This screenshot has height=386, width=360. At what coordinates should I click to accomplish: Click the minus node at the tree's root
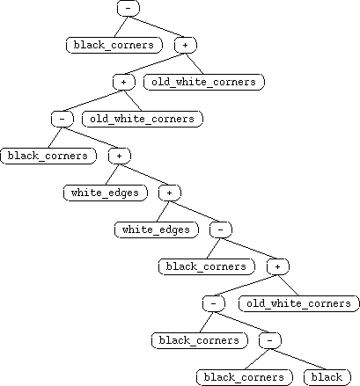[129, 8]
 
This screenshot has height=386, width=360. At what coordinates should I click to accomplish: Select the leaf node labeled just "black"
[327, 377]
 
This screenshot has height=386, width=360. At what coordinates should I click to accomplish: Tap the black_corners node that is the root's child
[114, 45]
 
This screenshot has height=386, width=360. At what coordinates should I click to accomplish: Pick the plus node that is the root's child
[186, 45]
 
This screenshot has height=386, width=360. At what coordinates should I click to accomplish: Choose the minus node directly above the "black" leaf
[270, 340]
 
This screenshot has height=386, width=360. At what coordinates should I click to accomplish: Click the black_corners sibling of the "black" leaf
[245, 377]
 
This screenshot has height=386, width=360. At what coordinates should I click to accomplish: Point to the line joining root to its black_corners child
[121, 26]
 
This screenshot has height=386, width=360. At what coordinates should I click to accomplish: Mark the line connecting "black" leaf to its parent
[298, 359]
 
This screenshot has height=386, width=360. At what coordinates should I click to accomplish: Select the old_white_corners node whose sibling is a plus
[204, 82]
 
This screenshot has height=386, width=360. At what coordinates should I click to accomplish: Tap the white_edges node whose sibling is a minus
[157, 229]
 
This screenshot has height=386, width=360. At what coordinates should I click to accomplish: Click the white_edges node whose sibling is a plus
[106, 193]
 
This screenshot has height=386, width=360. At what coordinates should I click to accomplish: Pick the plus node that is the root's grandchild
[124, 82]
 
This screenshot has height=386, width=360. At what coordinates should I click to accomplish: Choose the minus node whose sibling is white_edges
[221, 229]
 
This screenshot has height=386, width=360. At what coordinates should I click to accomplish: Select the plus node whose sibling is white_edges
[170, 193]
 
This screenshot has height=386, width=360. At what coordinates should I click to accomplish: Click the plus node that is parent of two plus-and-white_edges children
[120, 156]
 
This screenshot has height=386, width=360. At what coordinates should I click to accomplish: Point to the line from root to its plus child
[157, 26]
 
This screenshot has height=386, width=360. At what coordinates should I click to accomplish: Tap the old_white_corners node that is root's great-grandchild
[143, 119]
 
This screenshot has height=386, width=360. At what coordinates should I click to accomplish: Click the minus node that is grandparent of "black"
[214, 303]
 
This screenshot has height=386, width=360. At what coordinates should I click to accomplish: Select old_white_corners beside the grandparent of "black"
[299, 303]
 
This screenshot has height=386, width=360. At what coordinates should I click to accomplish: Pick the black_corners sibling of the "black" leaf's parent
[200, 340]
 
